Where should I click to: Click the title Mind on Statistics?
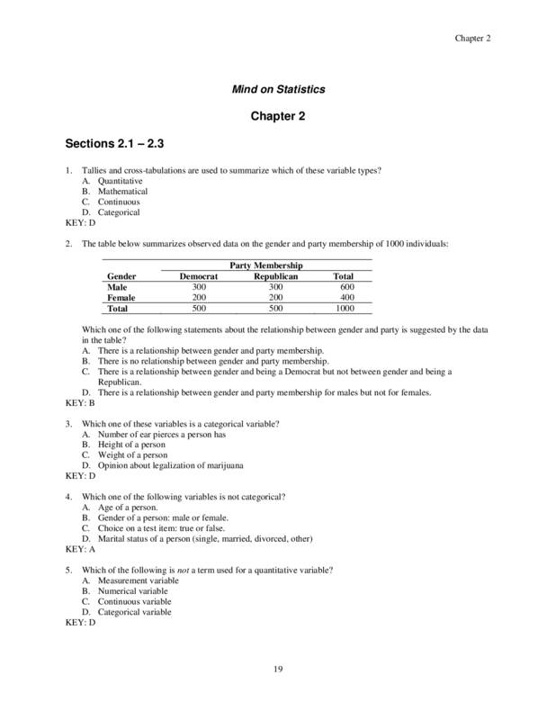pos(278,89)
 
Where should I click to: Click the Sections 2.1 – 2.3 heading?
pos(114,143)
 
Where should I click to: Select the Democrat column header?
pos(199,276)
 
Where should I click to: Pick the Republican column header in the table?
pos(275,276)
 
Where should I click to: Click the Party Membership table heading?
pos(266,265)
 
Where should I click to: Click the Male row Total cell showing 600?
pos(343,286)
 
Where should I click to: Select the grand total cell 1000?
pos(343,308)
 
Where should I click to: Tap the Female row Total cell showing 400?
pos(343,297)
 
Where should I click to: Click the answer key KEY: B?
pos(80,403)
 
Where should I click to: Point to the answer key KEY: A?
pos(80,547)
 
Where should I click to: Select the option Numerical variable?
pos(129,591)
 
